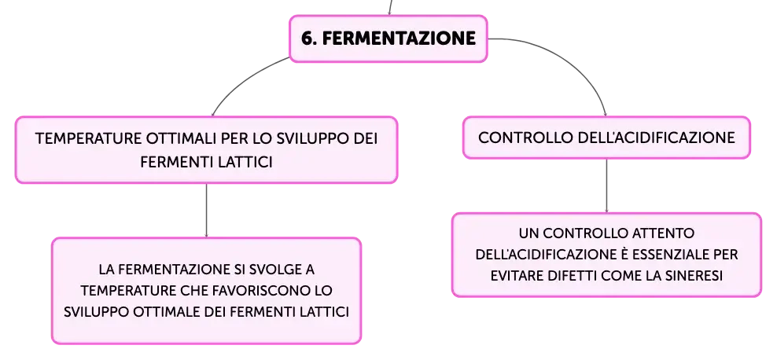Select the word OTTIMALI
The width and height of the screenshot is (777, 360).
tap(182, 138)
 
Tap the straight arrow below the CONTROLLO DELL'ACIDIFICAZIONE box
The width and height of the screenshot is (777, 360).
tap(606, 186)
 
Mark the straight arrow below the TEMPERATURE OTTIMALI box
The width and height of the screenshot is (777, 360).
tap(206, 211)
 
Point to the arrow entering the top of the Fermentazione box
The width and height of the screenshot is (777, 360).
tap(390, 7)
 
